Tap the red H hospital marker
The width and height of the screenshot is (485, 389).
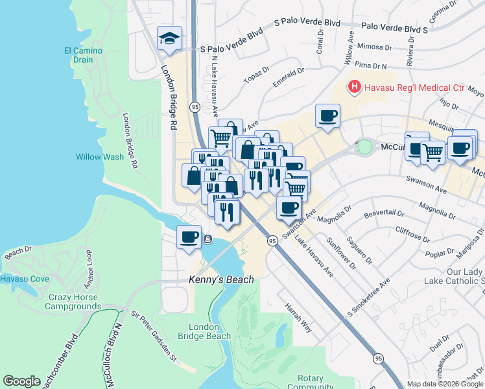[x=354, y=86]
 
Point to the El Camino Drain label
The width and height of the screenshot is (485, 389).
[x=82, y=55]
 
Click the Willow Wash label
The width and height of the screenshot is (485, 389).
[x=99, y=157]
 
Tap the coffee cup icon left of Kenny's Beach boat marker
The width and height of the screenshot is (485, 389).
[x=189, y=237]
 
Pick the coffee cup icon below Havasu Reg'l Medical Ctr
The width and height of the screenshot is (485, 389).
[x=327, y=116]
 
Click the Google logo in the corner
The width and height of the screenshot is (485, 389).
[x=21, y=381]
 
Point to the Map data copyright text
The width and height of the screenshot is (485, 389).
[x=445, y=384]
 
